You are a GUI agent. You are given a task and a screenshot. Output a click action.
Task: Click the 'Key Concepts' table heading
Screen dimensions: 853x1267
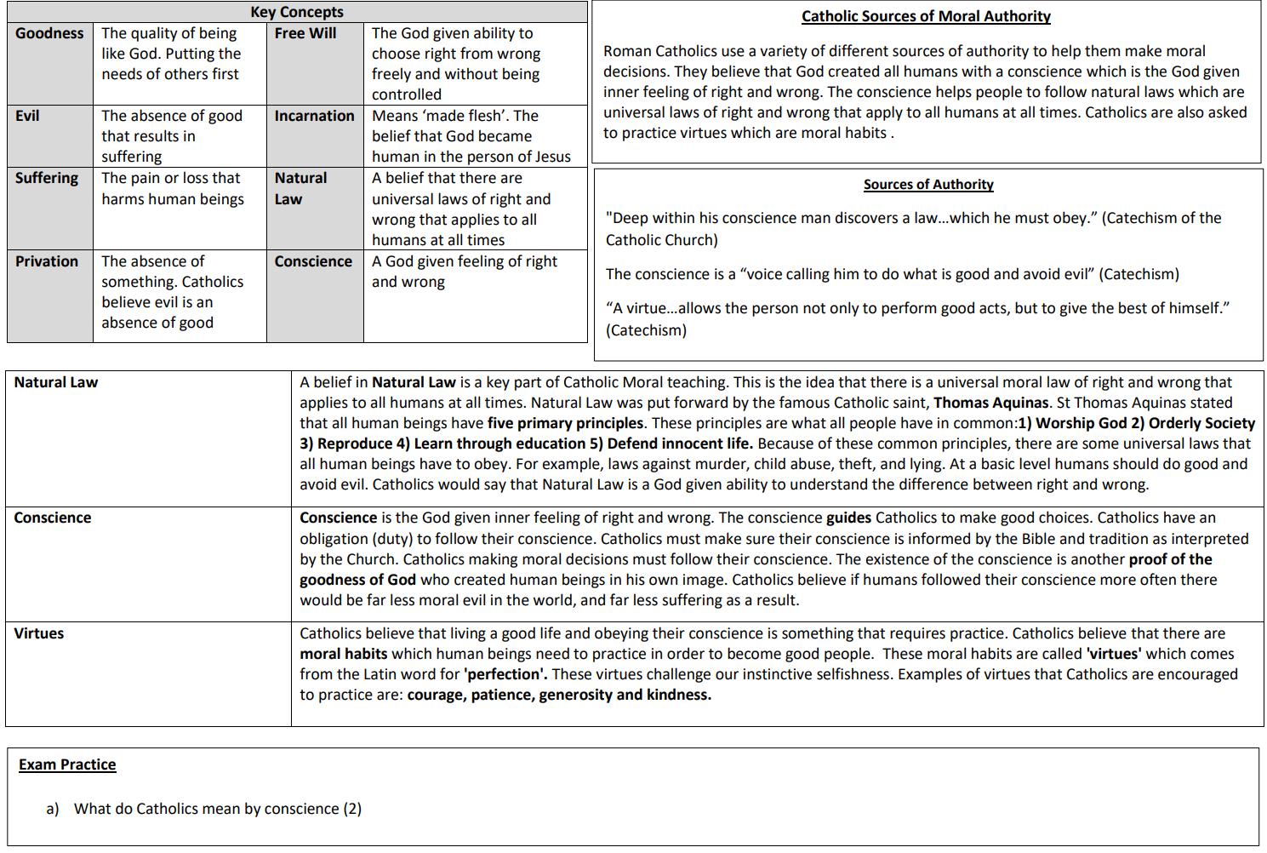tap(297, 12)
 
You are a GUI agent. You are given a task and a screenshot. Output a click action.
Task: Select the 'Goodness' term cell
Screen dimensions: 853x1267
tap(49, 33)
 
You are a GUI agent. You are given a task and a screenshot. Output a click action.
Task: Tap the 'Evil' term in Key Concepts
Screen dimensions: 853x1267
tap(27, 116)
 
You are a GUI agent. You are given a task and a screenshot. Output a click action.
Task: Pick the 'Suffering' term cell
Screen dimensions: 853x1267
tap(47, 178)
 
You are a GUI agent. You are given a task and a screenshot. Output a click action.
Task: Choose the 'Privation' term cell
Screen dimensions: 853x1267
tap(47, 261)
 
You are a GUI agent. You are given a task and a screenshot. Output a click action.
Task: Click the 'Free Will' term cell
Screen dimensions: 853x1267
tap(305, 33)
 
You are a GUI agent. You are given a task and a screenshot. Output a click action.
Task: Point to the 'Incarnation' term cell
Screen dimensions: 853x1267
tap(314, 116)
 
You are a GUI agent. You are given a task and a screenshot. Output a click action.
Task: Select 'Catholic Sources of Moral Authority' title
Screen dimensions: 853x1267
tap(926, 16)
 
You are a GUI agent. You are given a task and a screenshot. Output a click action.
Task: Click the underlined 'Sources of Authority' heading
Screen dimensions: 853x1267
tap(928, 185)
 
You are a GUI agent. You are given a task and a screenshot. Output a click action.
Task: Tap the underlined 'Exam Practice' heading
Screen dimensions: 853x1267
tap(67, 764)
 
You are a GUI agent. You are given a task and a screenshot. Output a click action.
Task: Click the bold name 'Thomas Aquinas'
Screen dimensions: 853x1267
tap(991, 403)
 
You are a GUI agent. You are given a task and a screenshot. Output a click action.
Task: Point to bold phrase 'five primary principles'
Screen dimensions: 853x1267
tap(565, 423)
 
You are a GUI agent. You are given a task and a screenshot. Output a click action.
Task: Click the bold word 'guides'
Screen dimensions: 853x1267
tap(848, 518)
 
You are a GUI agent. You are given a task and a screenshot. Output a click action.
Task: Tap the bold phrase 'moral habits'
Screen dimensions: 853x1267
tap(343, 654)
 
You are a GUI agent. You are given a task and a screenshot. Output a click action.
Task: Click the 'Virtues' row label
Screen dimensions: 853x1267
tap(39, 633)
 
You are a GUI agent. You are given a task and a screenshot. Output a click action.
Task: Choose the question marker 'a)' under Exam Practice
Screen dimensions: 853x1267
tap(53, 809)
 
